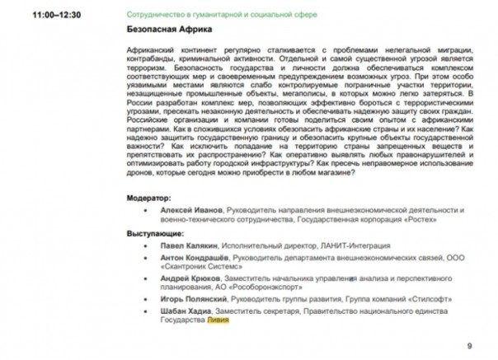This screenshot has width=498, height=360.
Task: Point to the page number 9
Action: [x=469, y=344]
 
